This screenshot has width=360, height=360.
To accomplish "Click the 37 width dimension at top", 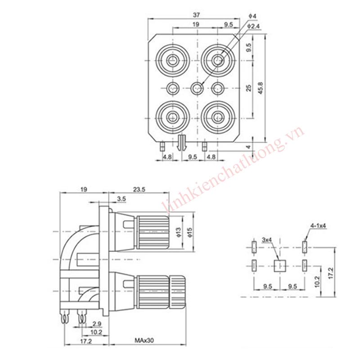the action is (x=196, y=15).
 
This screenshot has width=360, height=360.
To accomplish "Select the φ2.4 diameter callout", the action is (x=253, y=26).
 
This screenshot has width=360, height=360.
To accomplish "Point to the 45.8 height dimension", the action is (x=261, y=88).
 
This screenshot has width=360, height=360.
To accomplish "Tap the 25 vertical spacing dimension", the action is (x=249, y=88).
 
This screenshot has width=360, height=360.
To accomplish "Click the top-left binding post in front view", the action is (x=172, y=61).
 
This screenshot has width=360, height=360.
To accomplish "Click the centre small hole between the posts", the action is (x=197, y=88).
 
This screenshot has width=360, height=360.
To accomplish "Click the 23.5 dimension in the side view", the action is (x=139, y=189).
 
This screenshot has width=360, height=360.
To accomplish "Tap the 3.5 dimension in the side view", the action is (x=121, y=199).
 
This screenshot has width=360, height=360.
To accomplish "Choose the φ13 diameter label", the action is (x=179, y=232).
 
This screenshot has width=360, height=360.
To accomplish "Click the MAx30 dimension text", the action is (x=144, y=340).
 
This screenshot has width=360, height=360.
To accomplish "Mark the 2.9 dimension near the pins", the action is (x=97, y=324).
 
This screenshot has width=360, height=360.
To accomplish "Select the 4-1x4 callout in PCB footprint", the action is (x=318, y=226).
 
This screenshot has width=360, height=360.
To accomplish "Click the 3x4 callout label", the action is (x=267, y=240).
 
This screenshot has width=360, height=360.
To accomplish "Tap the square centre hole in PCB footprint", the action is (x=280, y=266).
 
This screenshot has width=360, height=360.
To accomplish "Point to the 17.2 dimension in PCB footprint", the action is (x=331, y=273).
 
